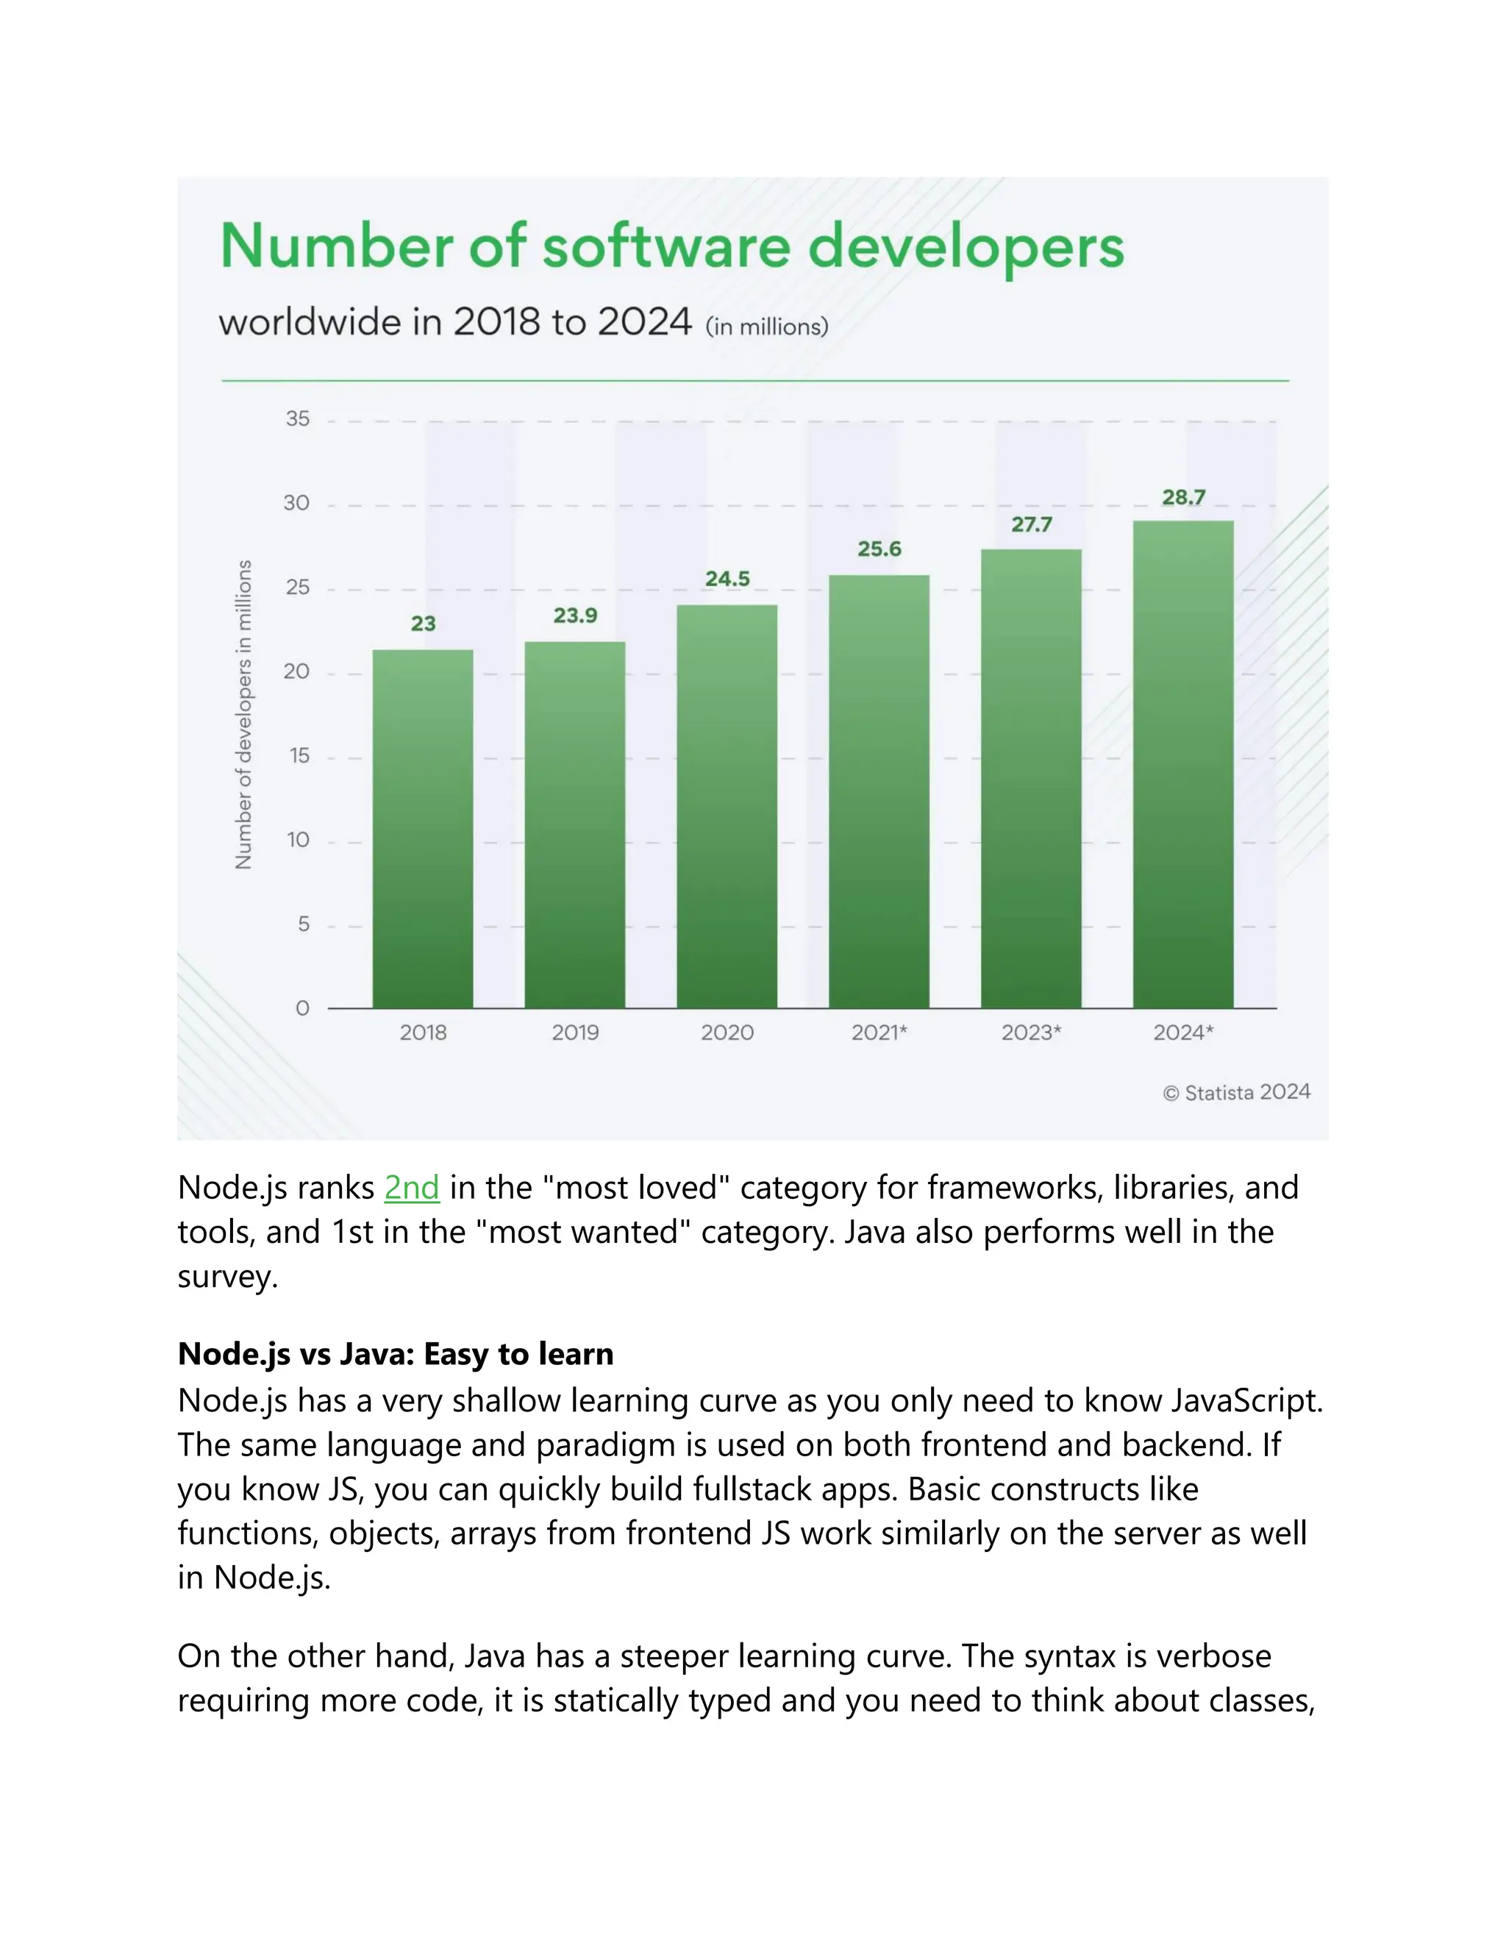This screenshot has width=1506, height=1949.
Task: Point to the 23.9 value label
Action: click(574, 616)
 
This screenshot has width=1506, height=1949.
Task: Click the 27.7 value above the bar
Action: click(1032, 524)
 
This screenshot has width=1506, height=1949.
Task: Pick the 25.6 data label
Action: click(879, 549)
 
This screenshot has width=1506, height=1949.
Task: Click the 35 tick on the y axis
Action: click(297, 418)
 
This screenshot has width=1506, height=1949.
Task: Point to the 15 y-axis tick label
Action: click(298, 756)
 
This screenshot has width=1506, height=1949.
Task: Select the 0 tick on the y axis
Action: click(302, 1008)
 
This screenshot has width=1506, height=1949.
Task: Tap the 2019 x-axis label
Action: click(574, 1033)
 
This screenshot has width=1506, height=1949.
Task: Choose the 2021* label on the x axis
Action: click(879, 1033)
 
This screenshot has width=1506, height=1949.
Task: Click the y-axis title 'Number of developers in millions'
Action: click(243, 714)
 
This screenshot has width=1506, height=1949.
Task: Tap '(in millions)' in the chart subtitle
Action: click(766, 327)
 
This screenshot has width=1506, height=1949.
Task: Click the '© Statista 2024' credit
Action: click(1237, 1092)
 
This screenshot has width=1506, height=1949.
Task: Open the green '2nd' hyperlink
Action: click(411, 1188)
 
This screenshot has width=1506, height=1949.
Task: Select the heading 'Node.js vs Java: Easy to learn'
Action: click(395, 1354)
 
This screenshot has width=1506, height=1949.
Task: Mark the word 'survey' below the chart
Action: click(226, 1277)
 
